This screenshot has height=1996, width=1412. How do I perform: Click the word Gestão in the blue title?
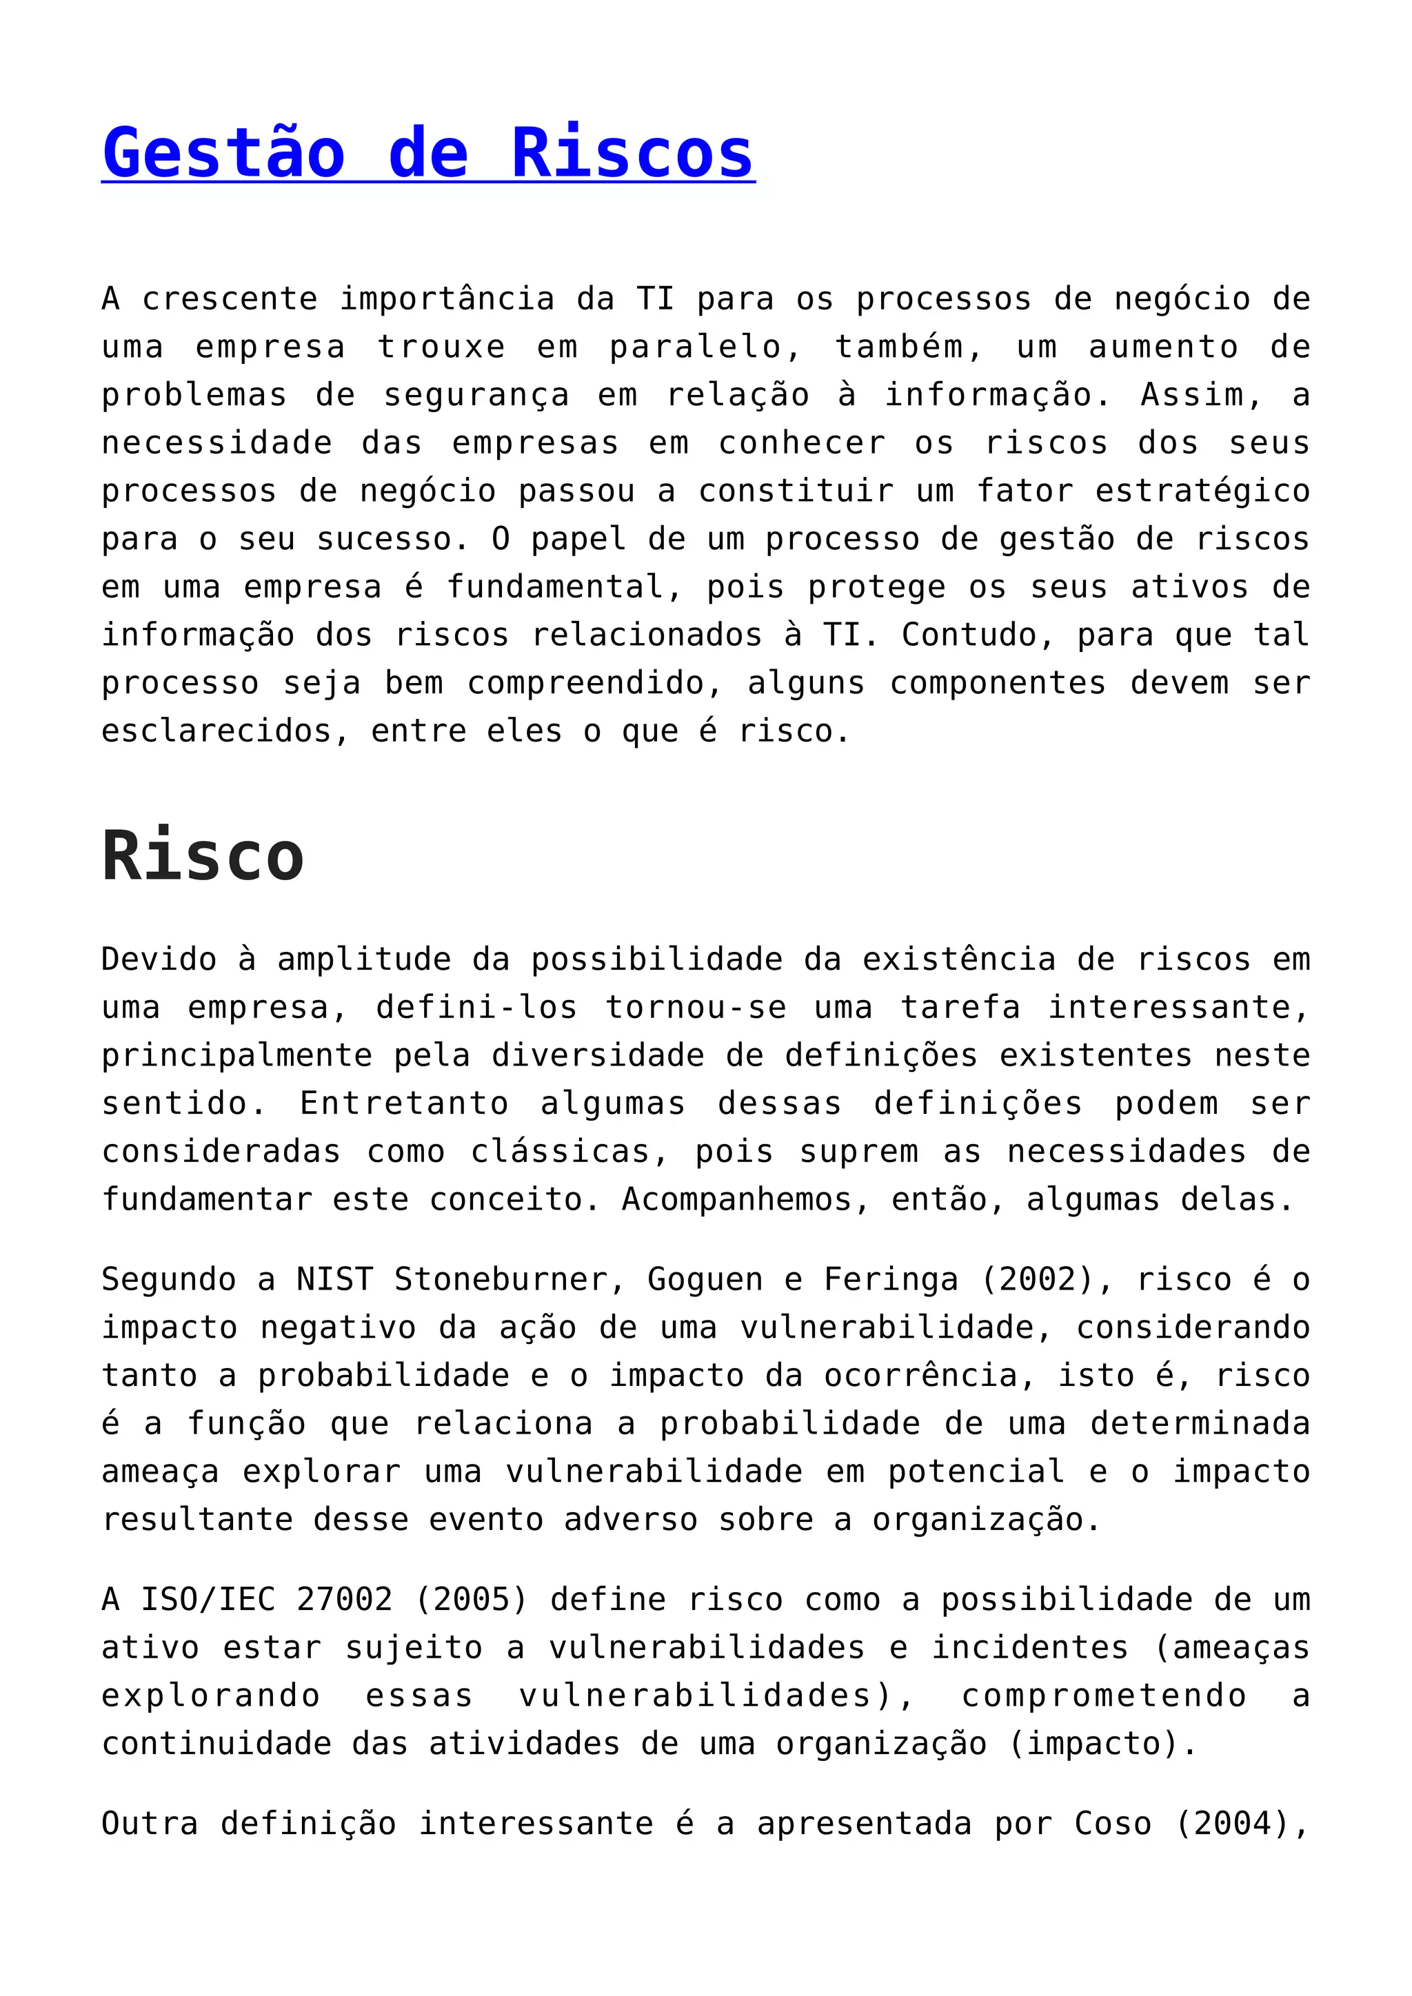223,153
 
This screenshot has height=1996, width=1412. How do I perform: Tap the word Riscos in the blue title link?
632,153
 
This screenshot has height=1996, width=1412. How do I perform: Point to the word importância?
447,299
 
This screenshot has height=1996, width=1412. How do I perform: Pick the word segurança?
476,396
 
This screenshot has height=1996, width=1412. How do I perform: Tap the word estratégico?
1202,491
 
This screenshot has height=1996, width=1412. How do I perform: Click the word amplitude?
364,960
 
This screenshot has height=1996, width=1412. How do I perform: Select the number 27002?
345,1600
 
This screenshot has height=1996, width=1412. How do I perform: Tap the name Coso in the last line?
1113,1824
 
